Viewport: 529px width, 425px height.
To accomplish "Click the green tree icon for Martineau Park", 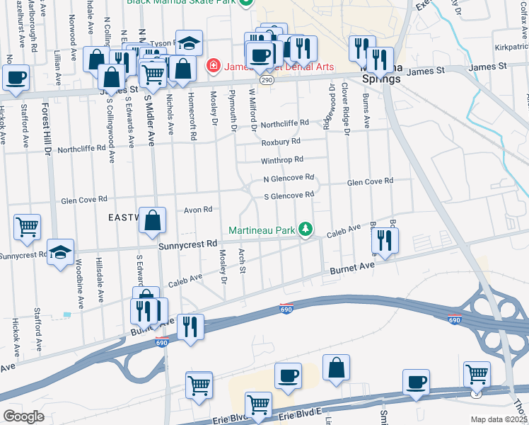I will pos(306,229).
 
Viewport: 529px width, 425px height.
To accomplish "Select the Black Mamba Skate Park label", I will pos(182,2).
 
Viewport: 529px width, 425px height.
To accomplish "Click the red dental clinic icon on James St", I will pos(211,66).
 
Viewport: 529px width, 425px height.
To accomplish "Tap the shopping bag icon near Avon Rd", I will pos(153,221).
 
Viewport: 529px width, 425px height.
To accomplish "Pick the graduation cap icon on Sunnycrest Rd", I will pos(61,253).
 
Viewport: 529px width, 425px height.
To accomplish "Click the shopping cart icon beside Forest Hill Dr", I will pos(27,228).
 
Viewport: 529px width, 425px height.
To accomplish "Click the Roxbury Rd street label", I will pos(281,142).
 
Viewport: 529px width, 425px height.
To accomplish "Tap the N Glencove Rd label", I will pos(288,178).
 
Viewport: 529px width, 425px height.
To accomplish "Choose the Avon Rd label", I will pos(198,210).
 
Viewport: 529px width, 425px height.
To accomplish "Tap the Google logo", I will pos(23,416).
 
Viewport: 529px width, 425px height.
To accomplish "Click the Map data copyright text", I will pos(499,419).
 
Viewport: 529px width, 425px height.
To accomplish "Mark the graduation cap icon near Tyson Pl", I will pos(189,43).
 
